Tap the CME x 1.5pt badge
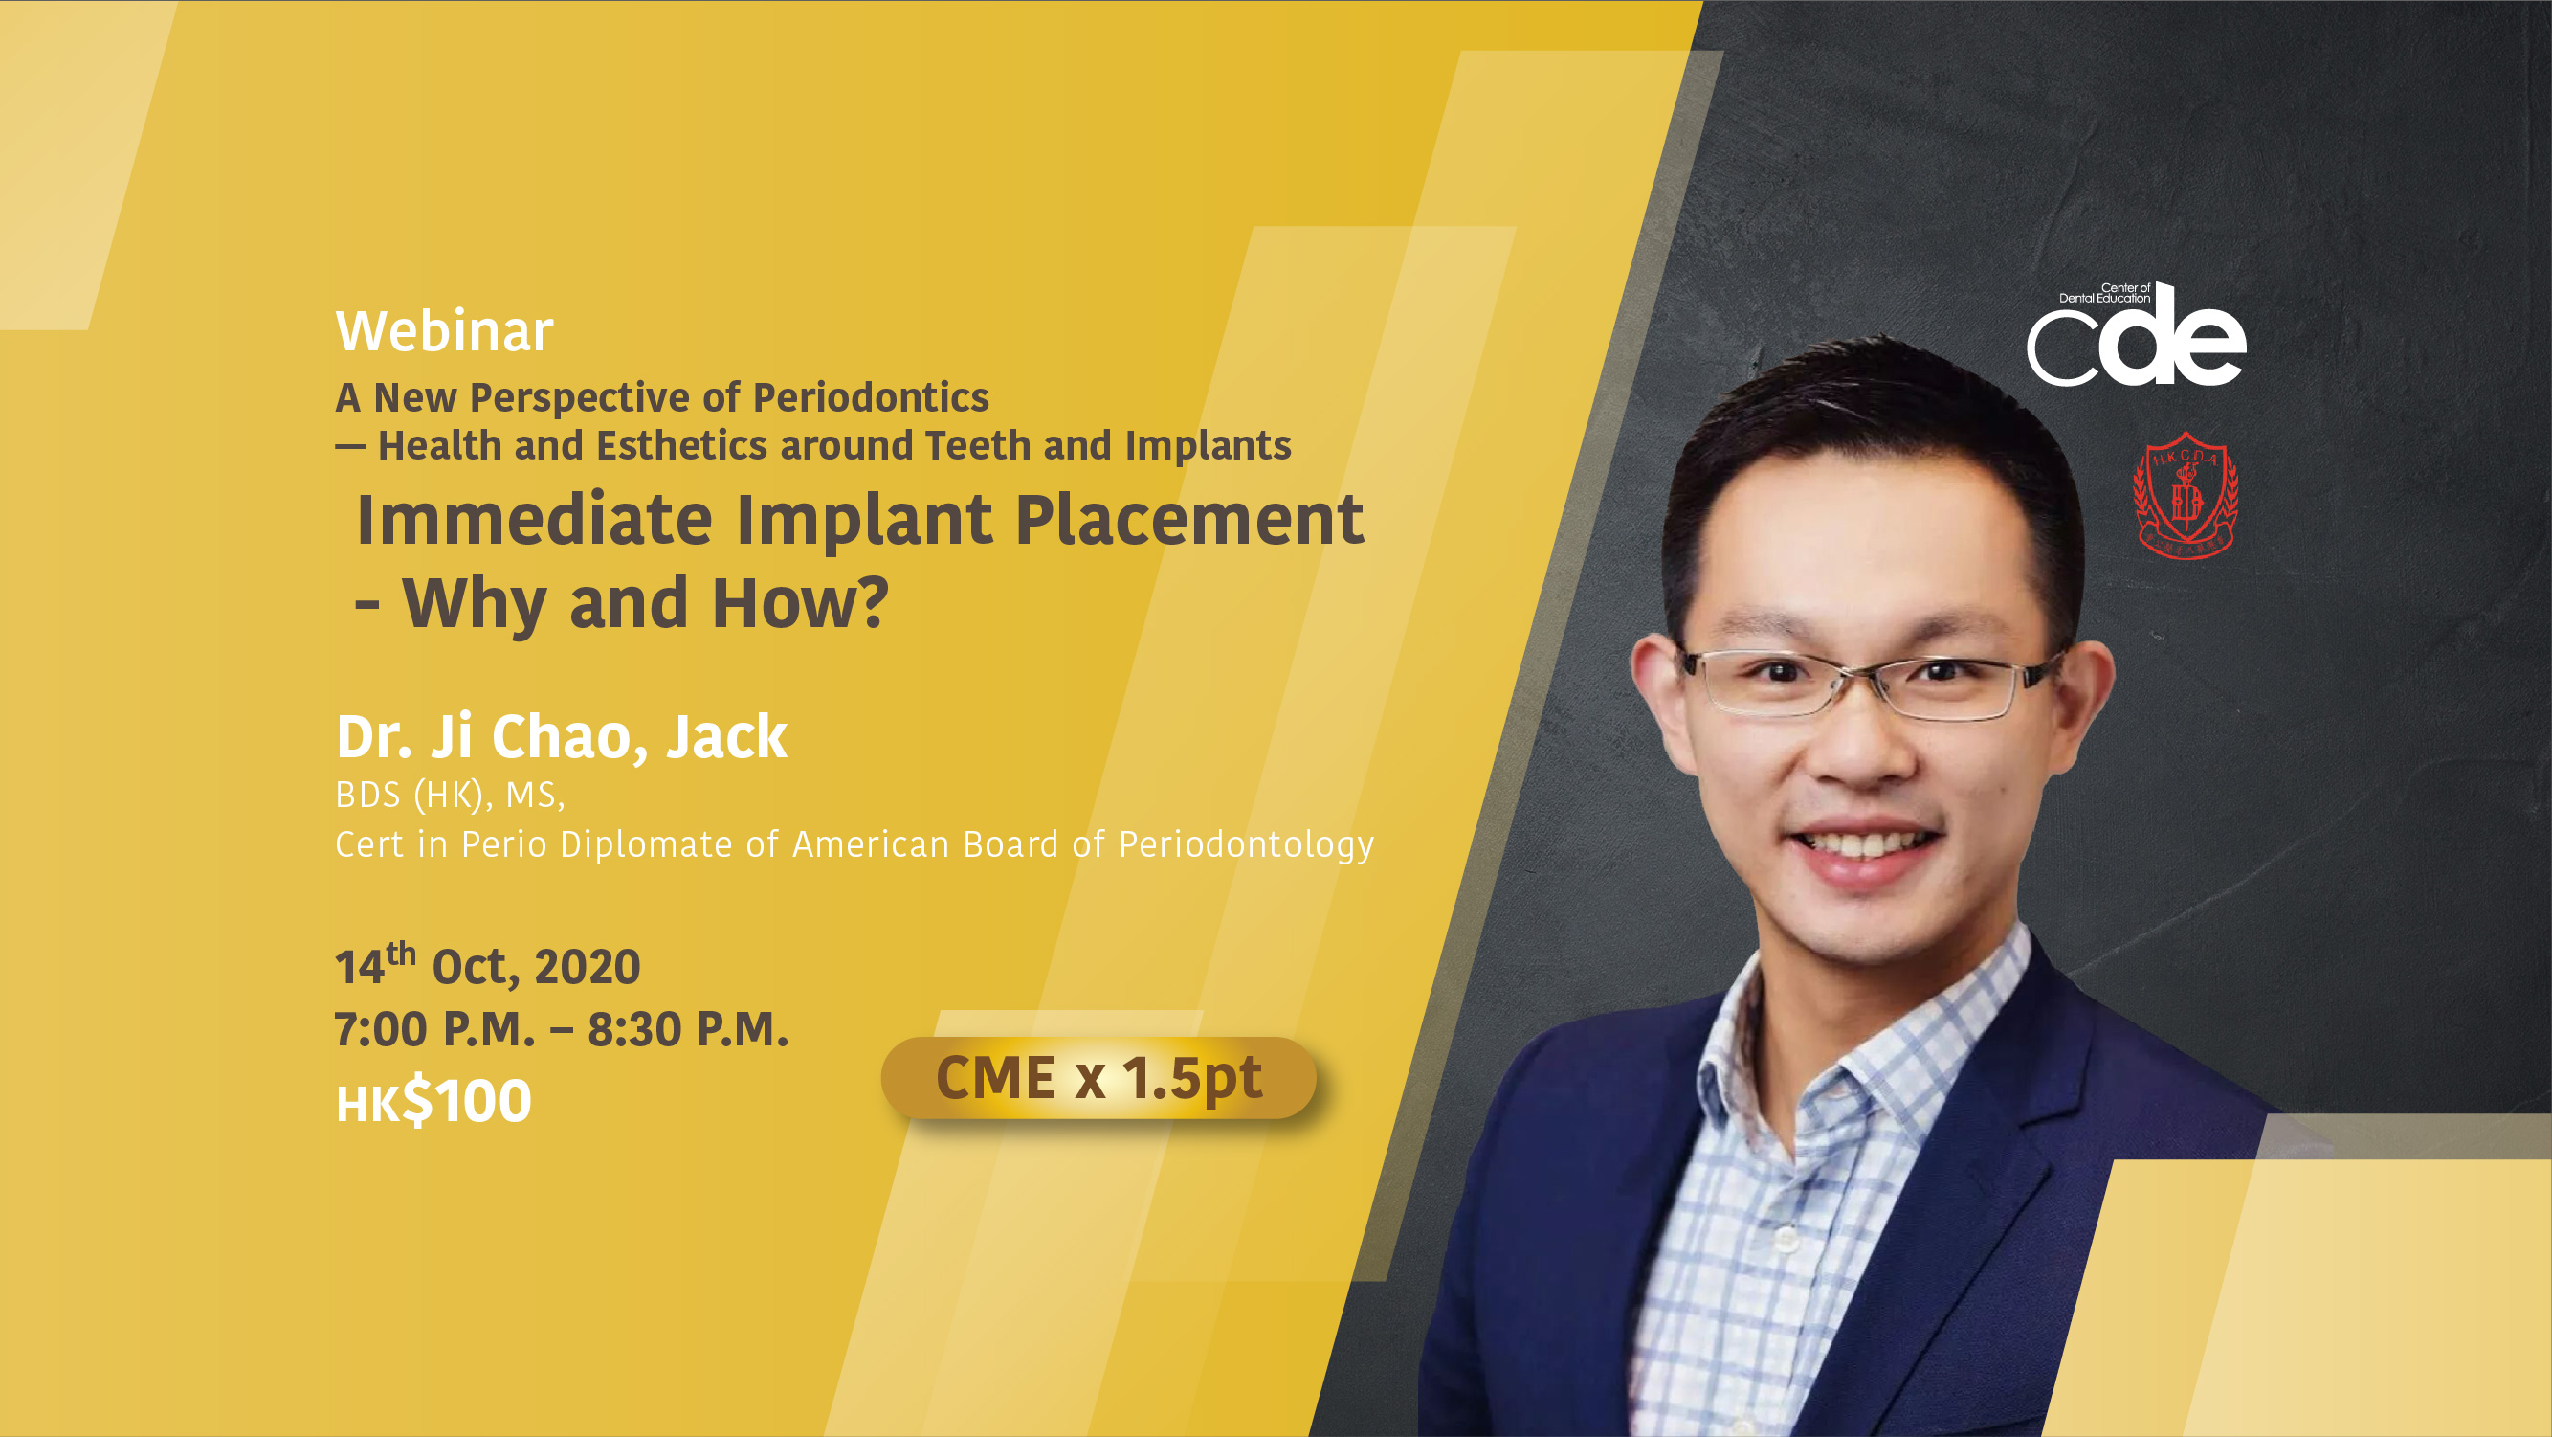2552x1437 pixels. pos(1098,1077)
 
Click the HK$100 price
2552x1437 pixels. pos(433,1100)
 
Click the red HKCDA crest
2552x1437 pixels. pos(2186,495)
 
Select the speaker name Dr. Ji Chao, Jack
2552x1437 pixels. pos(562,736)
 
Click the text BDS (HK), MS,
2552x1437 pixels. pos(450,795)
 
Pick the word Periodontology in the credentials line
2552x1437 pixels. pos(1246,845)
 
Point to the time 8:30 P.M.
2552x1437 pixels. pos(689,1029)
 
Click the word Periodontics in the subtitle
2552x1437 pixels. pos(871,397)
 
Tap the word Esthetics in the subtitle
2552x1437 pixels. pos(681,445)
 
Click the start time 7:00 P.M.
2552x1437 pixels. pos(435,1029)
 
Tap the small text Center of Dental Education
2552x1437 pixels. pos(2104,292)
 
